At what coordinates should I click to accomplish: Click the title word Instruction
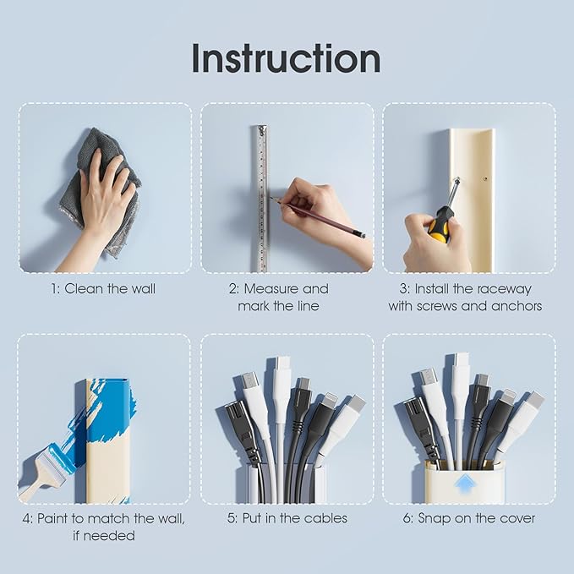[x=287, y=58]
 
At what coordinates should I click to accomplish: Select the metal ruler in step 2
[x=262, y=199]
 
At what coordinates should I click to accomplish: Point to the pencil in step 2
[x=318, y=216]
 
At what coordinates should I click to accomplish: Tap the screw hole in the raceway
[x=485, y=179]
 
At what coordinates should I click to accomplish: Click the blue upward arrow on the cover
[x=465, y=485]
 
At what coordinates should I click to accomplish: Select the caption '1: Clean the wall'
[x=103, y=289]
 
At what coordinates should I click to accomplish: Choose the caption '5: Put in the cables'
[x=287, y=518]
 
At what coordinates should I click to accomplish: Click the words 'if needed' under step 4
[x=104, y=536]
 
